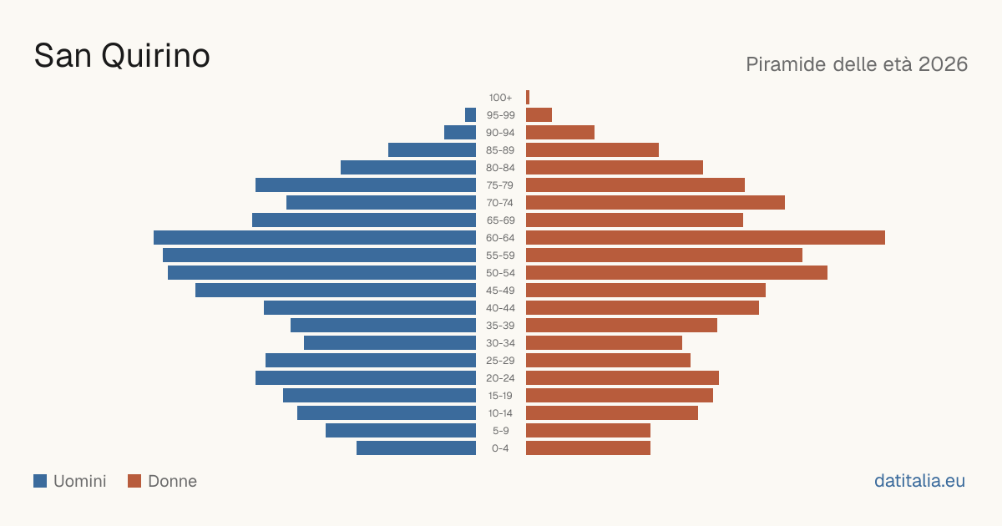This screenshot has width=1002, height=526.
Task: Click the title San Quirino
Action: tap(122, 57)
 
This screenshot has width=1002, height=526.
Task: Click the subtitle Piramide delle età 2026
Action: tap(857, 64)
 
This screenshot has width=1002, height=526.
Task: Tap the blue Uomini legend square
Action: tap(40, 481)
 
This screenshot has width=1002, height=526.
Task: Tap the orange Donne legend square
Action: tap(134, 481)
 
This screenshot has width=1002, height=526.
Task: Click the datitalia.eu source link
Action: tap(919, 481)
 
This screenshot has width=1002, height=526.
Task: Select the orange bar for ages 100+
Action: tap(528, 98)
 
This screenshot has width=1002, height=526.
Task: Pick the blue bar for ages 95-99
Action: tap(471, 115)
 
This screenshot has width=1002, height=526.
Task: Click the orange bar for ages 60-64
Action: tap(706, 237)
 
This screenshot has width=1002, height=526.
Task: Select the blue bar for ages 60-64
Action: tap(315, 237)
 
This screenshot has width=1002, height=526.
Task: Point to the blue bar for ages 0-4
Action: tap(417, 448)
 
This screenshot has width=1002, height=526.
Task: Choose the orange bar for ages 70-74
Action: tap(655, 203)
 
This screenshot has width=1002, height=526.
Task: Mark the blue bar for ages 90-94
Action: tap(460, 133)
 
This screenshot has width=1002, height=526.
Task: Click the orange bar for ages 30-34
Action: tap(604, 343)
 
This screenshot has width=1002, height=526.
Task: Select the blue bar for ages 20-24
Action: tap(366, 378)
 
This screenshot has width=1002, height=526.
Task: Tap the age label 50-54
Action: tap(500, 273)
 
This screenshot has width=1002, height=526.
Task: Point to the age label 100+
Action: tap(500, 98)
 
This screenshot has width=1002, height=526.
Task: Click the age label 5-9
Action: tap(500, 431)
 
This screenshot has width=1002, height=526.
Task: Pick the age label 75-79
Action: tap(500, 185)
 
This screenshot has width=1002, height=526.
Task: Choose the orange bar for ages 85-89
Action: tap(592, 149)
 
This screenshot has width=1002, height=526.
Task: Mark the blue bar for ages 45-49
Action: tap(336, 291)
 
